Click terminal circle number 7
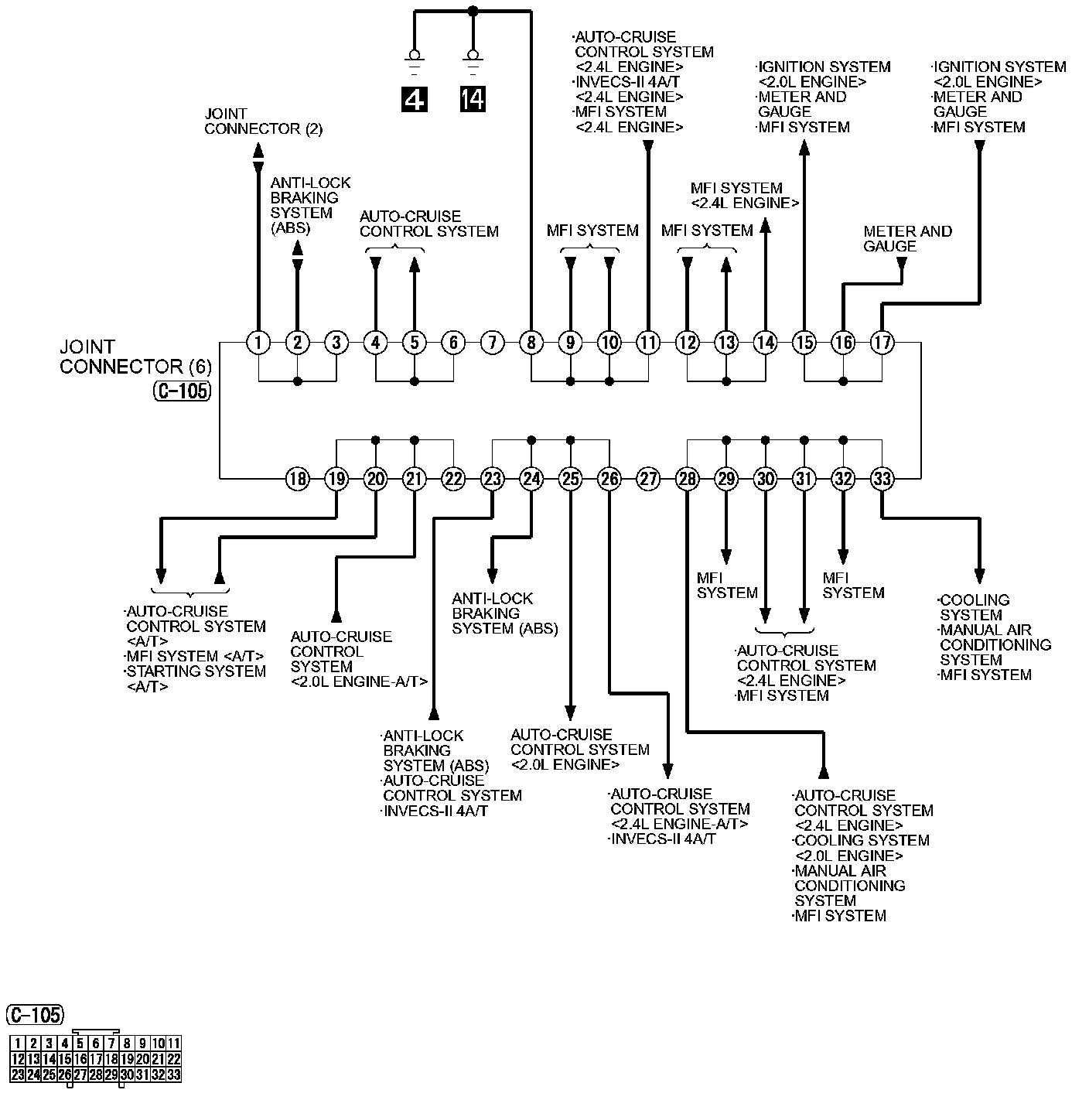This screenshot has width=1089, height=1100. pyautogui.click(x=492, y=343)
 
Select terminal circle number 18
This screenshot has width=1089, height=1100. pyautogui.click(x=297, y=479)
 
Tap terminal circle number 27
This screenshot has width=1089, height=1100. pyautogui.click(x=648, y=479)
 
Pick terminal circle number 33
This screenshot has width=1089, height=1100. pyautogui.click(x=882, y=479)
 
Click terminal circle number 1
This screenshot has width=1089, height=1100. pyautogui.click(x=258, y=343)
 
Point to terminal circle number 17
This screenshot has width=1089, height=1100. pyautogui.click(x=882, y=343)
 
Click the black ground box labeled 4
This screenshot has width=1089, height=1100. pyautogui.click(x=415, y=99)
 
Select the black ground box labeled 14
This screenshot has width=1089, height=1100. pyautogui.click(x=473, y=99)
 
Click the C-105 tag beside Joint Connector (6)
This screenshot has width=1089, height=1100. pyautogui.click(x=182, y=391)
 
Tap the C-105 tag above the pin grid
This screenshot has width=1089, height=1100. pyautogui.click(x=36, y=1015)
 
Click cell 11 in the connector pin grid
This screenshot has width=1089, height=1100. pyautogui.click(x=174, y=1043)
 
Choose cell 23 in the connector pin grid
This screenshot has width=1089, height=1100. pyautogui.click(x=18, y=1075)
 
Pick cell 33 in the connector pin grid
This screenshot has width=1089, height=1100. pyautogui.click(x=174, y=1075)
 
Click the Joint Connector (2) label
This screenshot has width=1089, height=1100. pyautogui.click(x=264, y=121)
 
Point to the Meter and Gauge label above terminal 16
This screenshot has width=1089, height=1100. pyautogui.click(x=907, y=238)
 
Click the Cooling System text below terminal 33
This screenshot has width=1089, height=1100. pyautogui.click(x=974, y=607)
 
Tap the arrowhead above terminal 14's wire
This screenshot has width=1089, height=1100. pyautogui.click(x=766, y=227)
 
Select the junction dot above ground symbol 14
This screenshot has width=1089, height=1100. pyautogui.click(x=473, y=11)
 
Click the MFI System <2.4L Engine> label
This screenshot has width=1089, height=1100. pyautogui.click(x=744, y=195)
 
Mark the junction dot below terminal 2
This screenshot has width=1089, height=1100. pyautogui.click(x=297, y=381)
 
